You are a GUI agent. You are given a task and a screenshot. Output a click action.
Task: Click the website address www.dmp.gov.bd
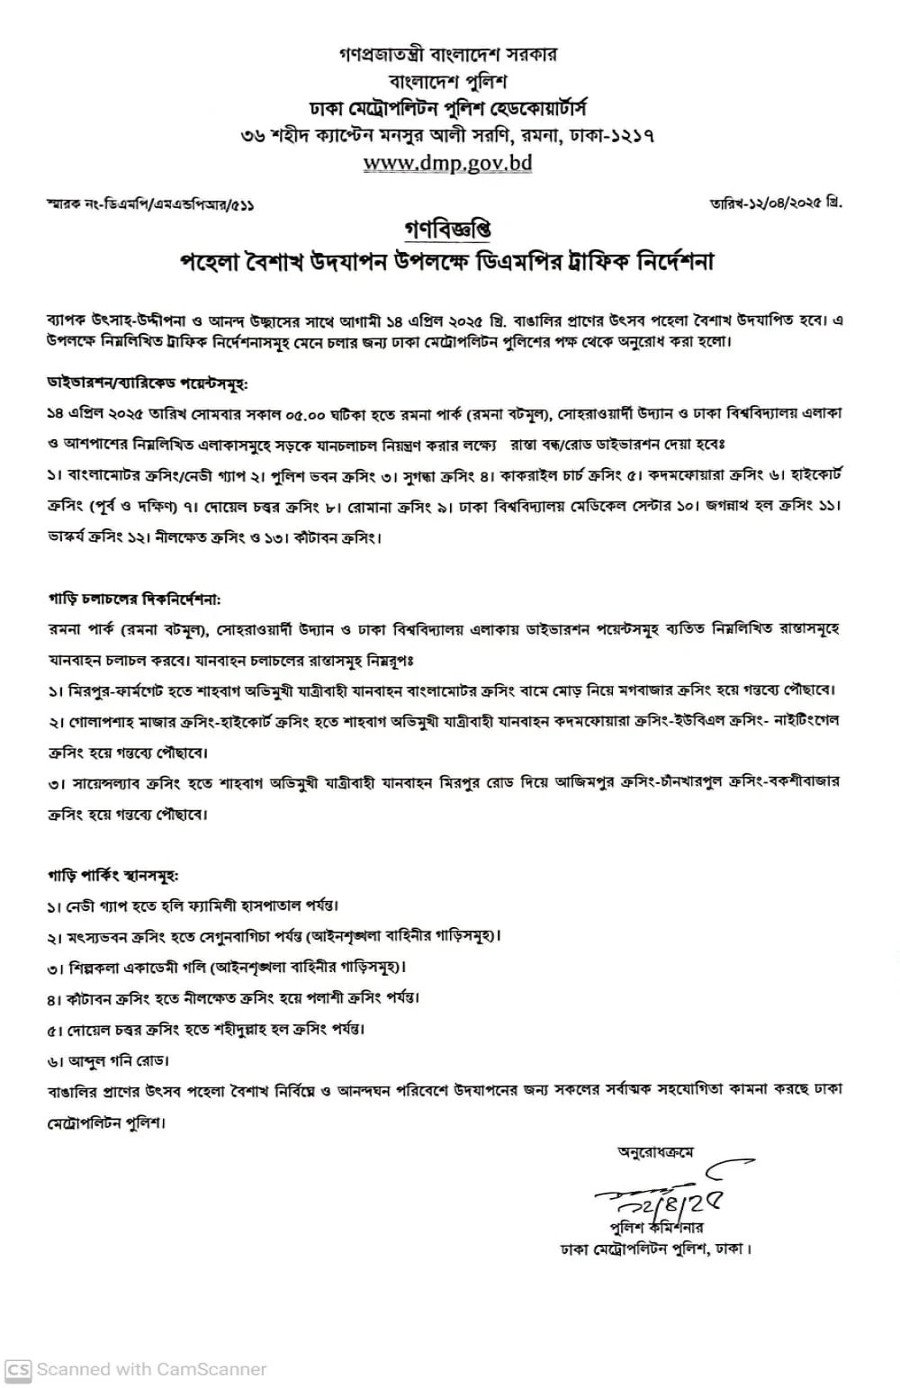[x=447, y=163]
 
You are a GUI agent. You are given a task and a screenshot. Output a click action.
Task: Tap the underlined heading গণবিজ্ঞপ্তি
[x=447, y=229]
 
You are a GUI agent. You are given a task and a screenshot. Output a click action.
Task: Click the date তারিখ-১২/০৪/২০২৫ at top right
[x=776, y=203]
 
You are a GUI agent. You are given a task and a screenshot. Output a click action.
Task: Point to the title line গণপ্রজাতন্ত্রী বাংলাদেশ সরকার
[x=447, y=54]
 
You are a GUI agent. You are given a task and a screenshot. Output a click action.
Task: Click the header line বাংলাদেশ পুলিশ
[x=447, y=81]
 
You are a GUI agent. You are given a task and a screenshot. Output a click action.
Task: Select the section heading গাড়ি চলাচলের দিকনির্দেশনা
[x=133, y=598]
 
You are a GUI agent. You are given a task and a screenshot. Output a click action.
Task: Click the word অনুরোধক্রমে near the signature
[x=655, y=1152]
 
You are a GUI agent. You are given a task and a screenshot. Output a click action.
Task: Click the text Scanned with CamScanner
[x=151, y=1369]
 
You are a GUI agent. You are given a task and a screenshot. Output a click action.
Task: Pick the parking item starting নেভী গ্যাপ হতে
[x=193, y=906]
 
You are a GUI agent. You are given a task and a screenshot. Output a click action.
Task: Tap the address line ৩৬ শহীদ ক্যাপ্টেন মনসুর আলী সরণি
[x=447, y=136]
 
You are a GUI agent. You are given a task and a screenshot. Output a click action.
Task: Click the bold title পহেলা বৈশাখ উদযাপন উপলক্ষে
[x=447, y=262]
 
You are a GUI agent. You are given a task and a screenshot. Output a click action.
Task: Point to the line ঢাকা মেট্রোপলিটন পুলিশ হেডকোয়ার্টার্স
[x=447, y=109]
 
